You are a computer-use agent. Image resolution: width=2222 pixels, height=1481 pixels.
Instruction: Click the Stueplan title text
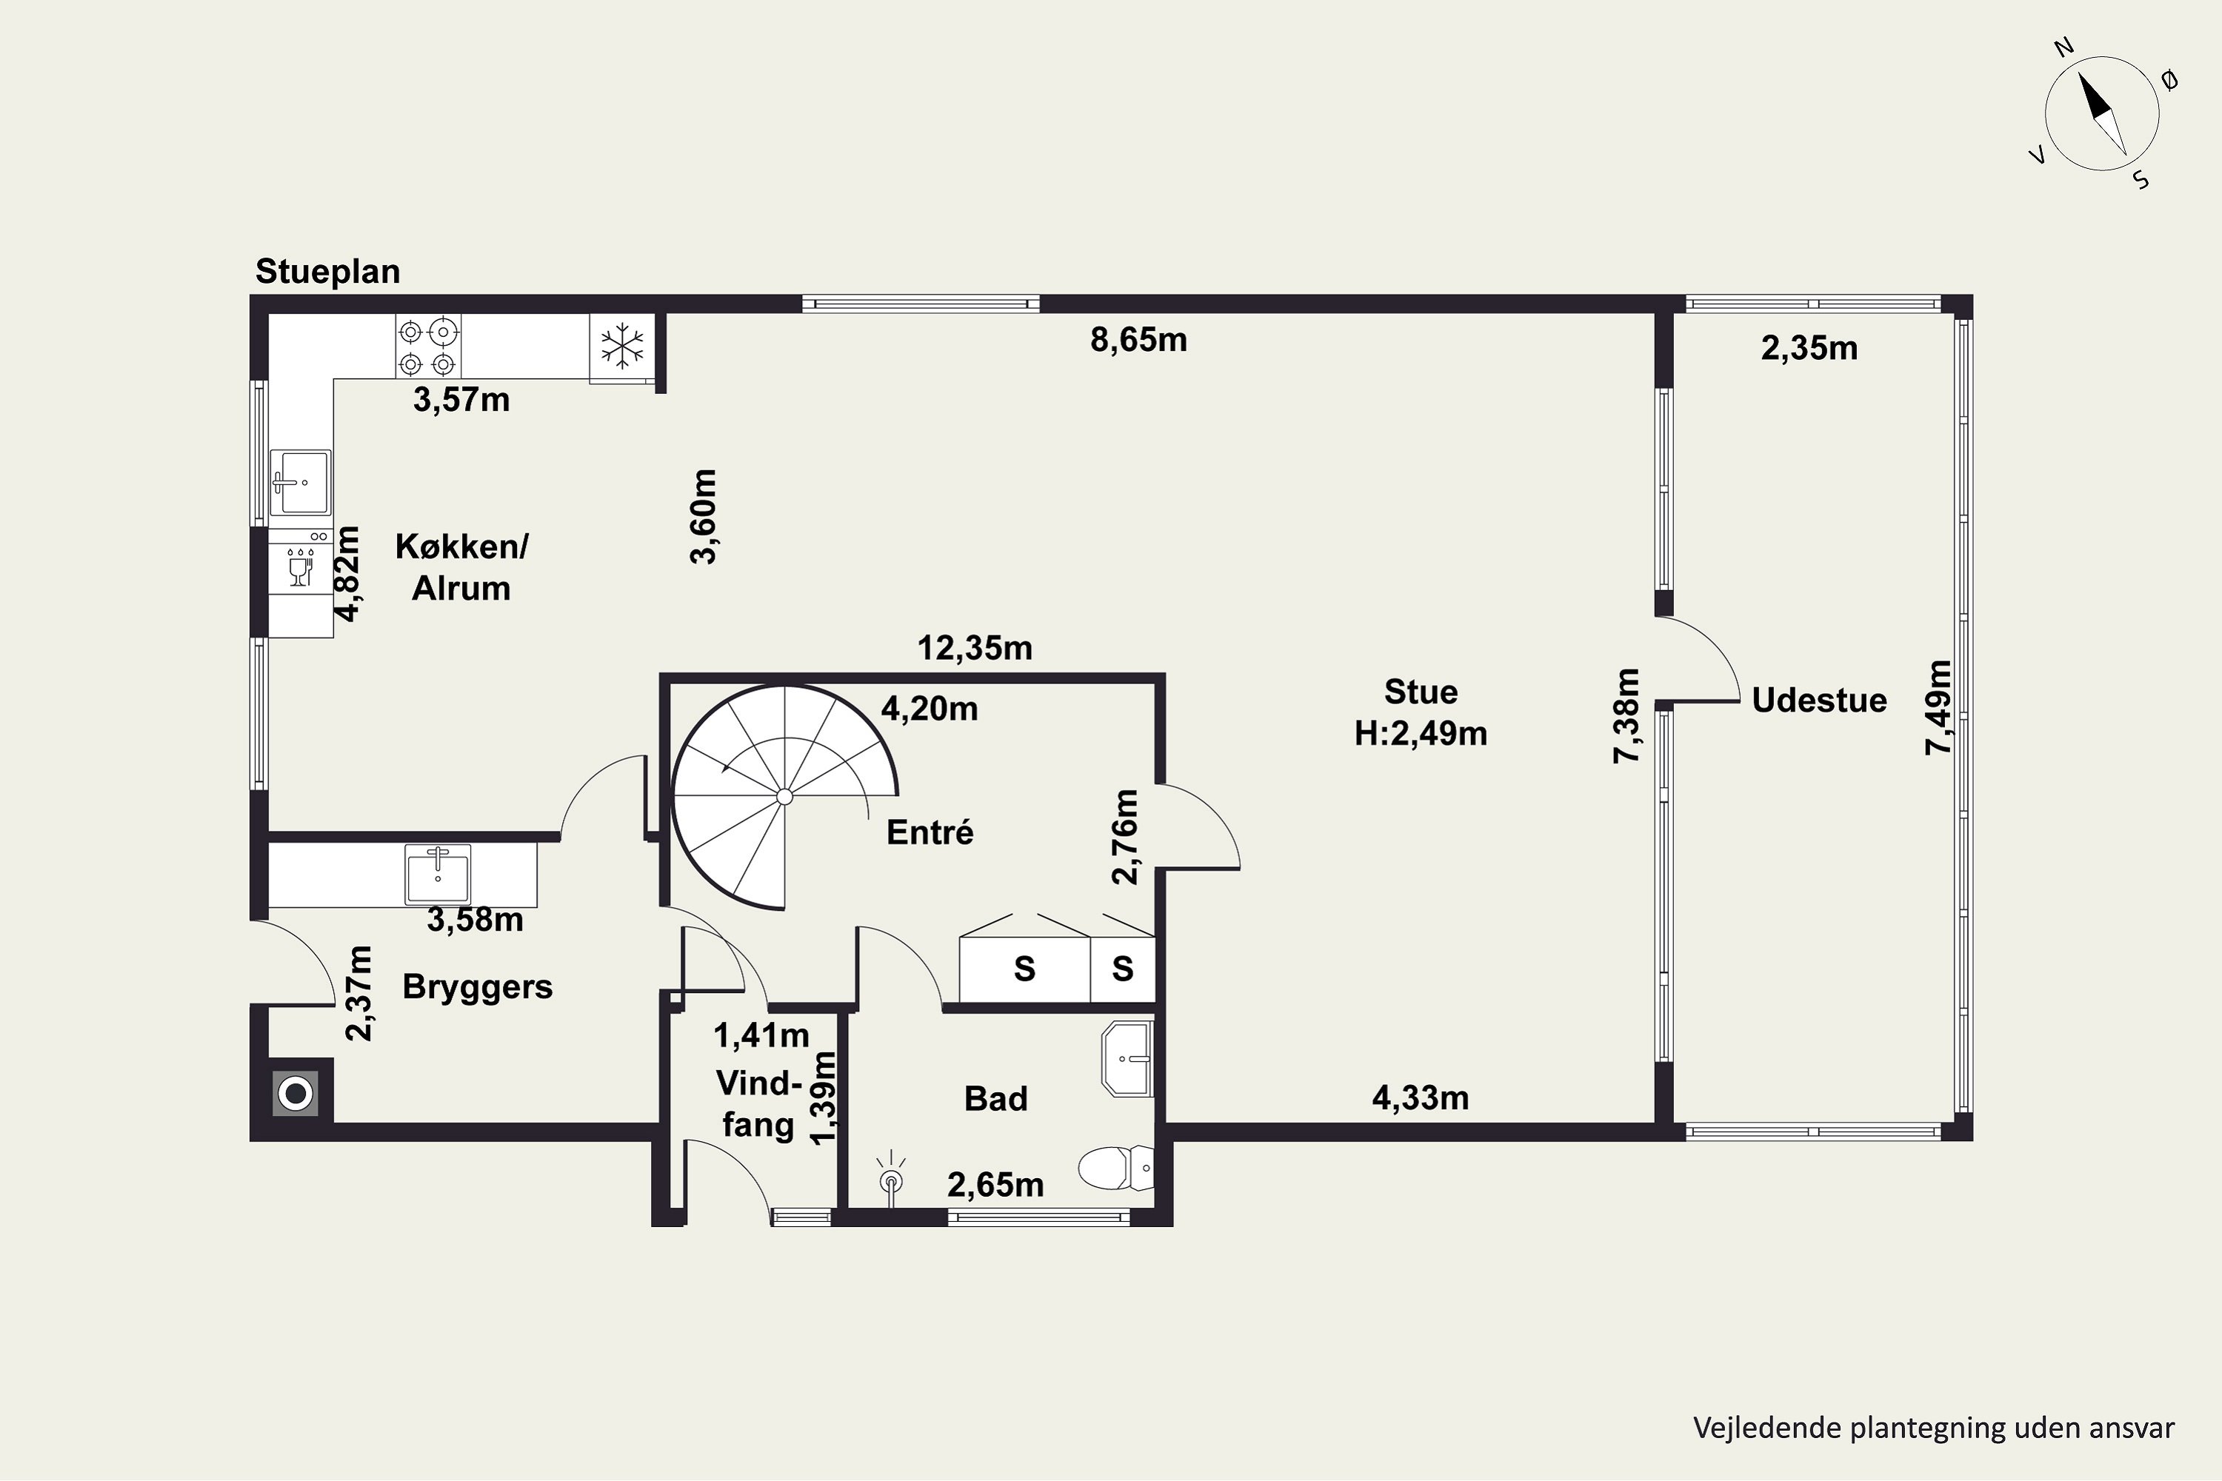[328, 272]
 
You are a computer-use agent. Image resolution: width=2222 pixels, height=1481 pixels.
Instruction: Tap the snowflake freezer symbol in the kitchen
[623, 347]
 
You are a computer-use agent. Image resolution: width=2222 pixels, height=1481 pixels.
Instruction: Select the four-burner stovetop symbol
[427, 347]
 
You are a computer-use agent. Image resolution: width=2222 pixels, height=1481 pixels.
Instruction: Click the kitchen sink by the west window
[301, 482]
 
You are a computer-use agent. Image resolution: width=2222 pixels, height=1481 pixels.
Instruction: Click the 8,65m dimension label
[1138, 340]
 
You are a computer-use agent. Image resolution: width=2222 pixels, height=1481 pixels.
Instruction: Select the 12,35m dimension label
[975, 648]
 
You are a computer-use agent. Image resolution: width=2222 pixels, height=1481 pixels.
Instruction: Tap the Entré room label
[930, 832]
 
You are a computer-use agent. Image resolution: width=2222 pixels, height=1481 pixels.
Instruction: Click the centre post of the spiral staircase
[784, 798]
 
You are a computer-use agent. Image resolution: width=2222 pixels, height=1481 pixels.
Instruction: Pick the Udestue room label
[1818, 700]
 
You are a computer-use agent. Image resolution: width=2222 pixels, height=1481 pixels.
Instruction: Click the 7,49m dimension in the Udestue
[1938, 707]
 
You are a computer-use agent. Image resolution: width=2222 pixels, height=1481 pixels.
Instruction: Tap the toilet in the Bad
[1115, 1169]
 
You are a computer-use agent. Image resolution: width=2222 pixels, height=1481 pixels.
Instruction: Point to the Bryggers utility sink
[438, 874]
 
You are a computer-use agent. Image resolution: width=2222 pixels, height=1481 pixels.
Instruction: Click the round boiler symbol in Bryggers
[296, 1094]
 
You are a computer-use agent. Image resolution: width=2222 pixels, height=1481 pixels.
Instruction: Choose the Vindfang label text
[758, 1103]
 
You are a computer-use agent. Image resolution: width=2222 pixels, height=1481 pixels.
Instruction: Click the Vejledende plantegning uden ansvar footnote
[1934, 1427]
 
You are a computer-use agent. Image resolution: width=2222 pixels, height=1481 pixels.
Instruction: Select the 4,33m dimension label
[1420, 1097]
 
